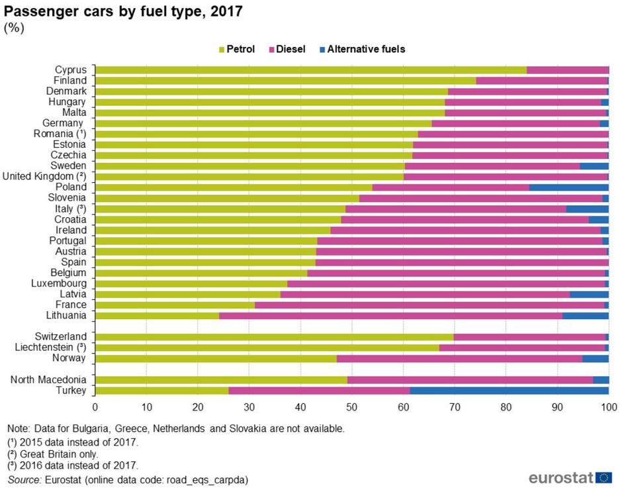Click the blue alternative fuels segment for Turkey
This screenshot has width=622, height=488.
(x=509, y=391)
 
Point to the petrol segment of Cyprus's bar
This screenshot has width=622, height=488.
(x=311, y=70)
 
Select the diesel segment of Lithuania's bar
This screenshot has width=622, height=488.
(x=390, y=316)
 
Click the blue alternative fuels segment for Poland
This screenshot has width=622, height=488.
(x=568, y=187)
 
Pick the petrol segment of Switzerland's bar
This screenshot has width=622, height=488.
(x=275, y=337)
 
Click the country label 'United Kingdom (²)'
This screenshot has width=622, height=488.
(x=44, y=176)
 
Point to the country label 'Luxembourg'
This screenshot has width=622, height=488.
(x=59, y=283)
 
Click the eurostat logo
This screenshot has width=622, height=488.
(x=570, y=477)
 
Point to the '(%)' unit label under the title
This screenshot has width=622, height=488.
(x=14, y=28)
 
